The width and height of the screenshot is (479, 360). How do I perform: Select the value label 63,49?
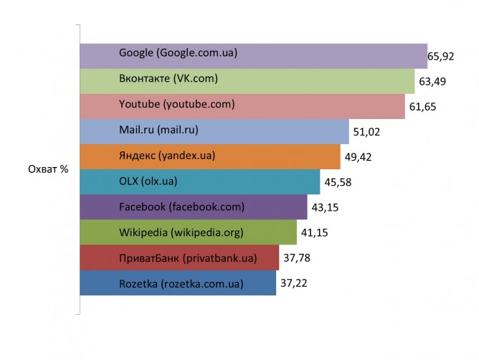(x=432, y=82)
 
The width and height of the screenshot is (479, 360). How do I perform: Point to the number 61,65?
(x=422, y=107)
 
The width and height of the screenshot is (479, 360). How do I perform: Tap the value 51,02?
(x=367, y=133)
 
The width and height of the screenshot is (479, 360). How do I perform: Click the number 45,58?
(x=338, y=182)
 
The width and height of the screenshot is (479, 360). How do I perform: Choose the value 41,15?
(x=314, y=233)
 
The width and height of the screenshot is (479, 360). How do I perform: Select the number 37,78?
(x=296, y=258)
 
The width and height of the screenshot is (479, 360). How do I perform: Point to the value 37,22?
(x=293, y=284)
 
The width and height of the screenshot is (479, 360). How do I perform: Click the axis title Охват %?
(x=47, y=170)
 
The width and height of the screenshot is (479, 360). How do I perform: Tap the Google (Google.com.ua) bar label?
(x=178, y=53)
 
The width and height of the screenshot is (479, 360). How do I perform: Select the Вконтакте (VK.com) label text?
(x=168, y=78)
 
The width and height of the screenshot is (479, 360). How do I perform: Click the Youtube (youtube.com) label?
(x=176, y=105)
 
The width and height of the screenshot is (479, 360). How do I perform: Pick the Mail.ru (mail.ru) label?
(x=158, y=130)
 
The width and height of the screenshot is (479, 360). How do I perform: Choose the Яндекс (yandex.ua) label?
(x=167, y=156)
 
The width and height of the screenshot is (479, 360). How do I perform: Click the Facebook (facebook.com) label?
(x=181, y=207)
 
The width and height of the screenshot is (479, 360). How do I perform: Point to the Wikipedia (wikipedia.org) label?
(x=181, y=232)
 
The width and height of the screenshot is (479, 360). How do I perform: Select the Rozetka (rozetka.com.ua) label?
(x=181, y=284)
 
